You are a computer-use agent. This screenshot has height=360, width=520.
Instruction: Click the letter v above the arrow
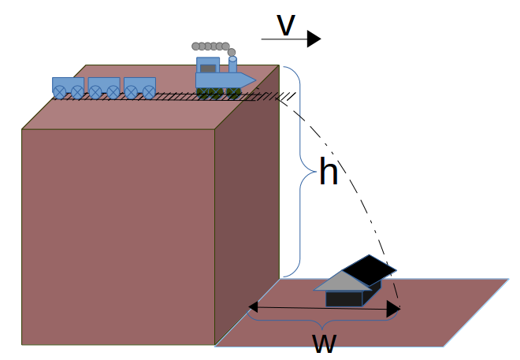[x=285, y=25]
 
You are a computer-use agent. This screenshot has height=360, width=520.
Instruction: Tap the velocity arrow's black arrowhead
[x=314, y=39]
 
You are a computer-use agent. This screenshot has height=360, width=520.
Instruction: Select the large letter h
[x=328, y=172]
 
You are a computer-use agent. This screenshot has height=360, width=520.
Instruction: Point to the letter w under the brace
[x=325, y=343]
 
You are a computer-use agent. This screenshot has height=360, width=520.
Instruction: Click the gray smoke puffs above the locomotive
[x=211, y=46]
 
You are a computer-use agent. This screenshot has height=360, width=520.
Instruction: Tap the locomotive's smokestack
[x=232, y=65]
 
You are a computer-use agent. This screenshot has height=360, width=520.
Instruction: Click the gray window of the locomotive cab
[x=207, y=69]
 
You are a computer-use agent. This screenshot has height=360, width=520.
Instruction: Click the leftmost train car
[x=68, y=87]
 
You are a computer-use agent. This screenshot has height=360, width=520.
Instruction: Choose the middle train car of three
[x=104, y=87]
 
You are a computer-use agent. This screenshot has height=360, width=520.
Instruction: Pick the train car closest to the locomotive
[x=139, y=87]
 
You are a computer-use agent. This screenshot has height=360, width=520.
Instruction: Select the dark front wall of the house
[x=343, y=298]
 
